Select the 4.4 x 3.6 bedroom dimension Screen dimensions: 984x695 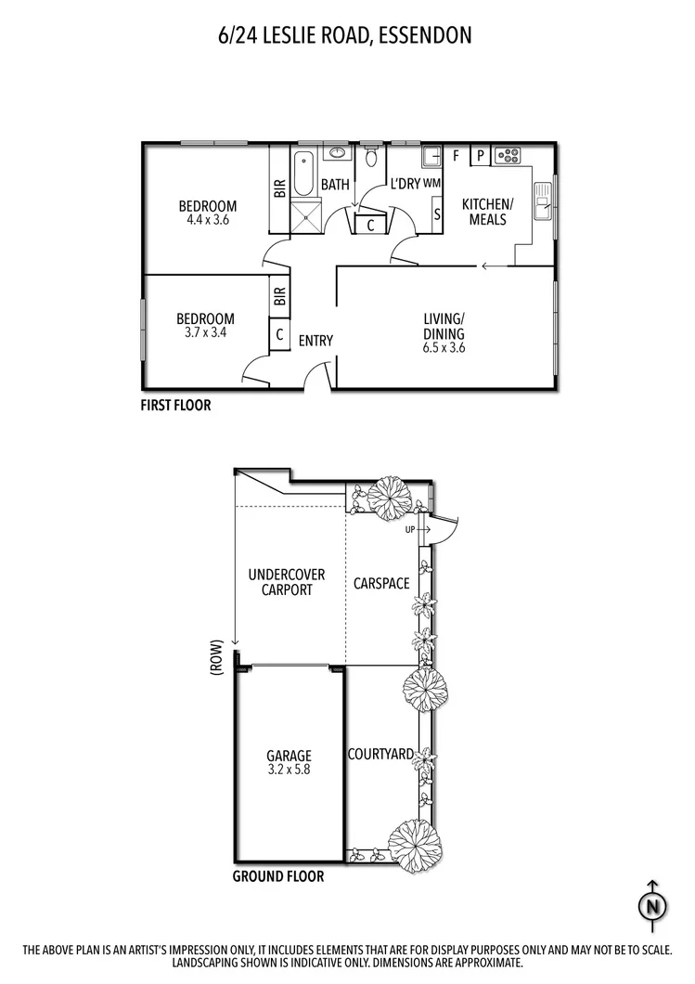click(208, 221)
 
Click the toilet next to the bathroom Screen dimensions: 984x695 click(371, 158)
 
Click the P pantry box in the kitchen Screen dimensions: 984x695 click(480, 156)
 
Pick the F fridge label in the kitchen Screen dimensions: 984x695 click(456, 156)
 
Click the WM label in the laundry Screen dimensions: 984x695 click(431, 184)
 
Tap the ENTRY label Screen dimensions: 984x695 click(315, 341)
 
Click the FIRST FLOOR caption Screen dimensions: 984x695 click(175, 405)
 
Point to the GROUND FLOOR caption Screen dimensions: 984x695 click(278, 876)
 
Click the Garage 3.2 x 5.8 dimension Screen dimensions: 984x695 click(289, 770)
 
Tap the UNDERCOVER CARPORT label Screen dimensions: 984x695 click(280, 582)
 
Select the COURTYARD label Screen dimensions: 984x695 click(380, 755)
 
